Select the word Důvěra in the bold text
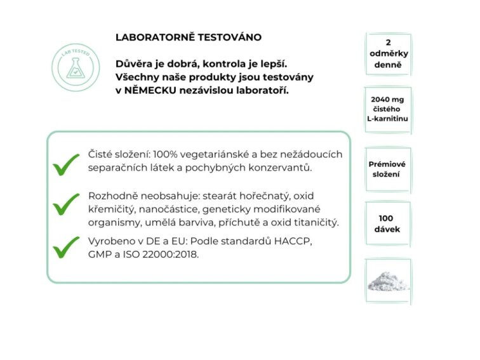coord(133,63)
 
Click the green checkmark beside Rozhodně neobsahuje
coord(66,205)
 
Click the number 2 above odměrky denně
coord(389,43)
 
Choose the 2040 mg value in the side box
coord(388,99)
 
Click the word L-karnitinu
coord(388,119)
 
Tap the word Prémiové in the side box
coord(388,163)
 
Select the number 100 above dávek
coord(388,218)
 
